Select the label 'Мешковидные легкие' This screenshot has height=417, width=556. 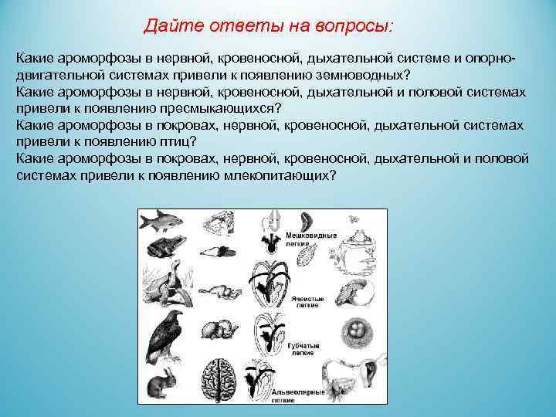pos(310,239)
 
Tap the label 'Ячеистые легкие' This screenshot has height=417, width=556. pos(308,302)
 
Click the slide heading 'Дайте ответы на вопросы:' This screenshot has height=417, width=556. pos(268,27)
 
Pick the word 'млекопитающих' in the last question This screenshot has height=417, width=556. pos(286,175)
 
